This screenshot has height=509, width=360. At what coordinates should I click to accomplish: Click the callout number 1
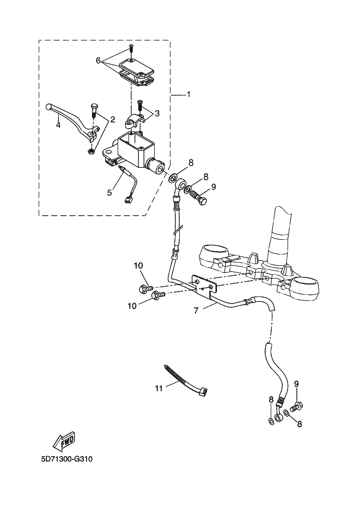pyautogui.click(x=188, y=95)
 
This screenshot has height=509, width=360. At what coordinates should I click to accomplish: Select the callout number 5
pyautogui.click(x=109, y=192)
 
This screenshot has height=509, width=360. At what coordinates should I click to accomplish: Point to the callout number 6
pyautogui.click(x=99, y=60)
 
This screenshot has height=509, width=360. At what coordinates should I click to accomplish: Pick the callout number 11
pyautogui.click(x=158, y=388)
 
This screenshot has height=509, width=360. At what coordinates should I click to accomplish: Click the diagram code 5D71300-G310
pyautogui.click(x=67, y=459)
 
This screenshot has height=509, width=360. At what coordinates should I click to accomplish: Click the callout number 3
pyautogui.click(x=157, y=113)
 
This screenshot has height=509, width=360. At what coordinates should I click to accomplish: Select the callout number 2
pyautogui.click(x=112, y=119)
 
